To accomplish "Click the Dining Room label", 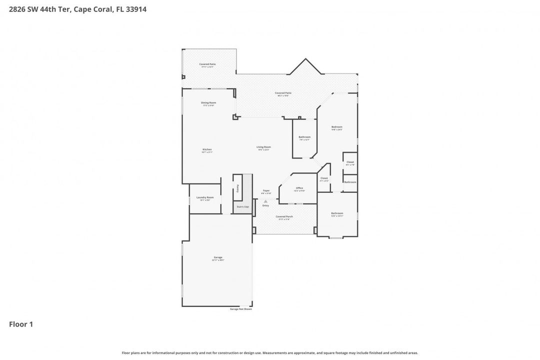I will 208,102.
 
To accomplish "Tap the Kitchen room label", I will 207,149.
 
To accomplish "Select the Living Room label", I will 263,147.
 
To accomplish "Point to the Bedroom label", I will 337,127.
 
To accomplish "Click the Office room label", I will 299,188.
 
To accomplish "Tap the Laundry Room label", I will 205,197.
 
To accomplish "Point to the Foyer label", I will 266,190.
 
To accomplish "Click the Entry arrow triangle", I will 265,201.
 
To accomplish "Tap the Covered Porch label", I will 284,216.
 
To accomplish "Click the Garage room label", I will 218,257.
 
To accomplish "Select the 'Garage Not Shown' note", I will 240,309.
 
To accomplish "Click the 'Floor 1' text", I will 21,324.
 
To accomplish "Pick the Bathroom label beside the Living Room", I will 304,137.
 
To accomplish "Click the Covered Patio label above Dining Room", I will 207,64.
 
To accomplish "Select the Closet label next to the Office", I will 324,178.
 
